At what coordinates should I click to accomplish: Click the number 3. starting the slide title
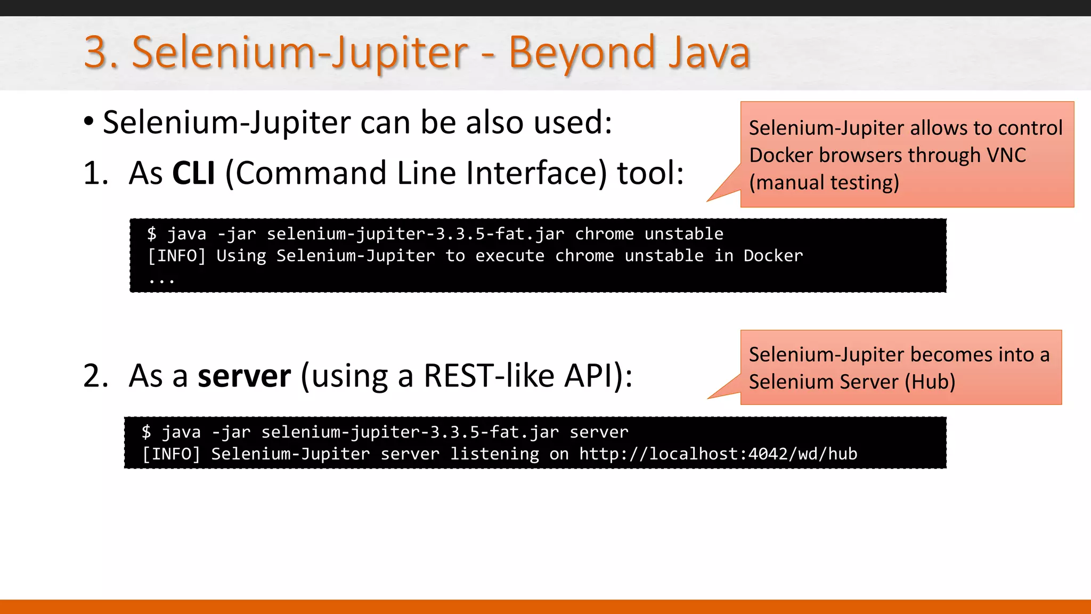101,53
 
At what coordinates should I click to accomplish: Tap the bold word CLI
193,173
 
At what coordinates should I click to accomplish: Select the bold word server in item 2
244,376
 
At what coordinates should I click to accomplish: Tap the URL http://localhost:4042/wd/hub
718,454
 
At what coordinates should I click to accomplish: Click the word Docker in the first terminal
773,256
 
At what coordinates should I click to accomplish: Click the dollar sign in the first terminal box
152,233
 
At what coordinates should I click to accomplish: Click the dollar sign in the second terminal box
146,432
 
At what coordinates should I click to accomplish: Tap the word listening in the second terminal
494,454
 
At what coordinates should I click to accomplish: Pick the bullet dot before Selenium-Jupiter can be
89,122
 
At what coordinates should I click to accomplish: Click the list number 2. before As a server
95,376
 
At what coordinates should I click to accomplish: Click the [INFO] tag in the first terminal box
176,256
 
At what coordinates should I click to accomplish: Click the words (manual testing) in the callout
824,183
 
